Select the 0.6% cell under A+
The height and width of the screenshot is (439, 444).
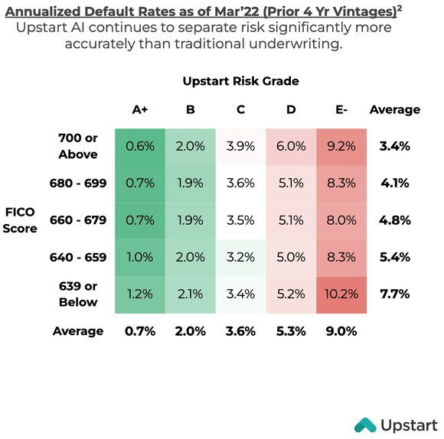pyautogui.click(x=140, y=145)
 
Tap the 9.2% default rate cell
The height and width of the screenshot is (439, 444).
pyautogui.click(x=341, y=145)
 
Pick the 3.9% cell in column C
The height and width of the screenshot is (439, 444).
pyautogui.click(x=240, y=145)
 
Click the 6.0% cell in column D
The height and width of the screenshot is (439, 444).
pyautogui.click(x=291, y=145)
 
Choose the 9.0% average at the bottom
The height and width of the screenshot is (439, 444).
pyautogui.click(x=341, y=331)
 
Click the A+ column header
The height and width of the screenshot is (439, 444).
pyautogui.click(x=140, y=109)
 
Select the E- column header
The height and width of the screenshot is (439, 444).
pyautogui.click(x=341, y=109)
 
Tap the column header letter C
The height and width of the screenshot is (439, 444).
pyautogui.click(x=240, y=109)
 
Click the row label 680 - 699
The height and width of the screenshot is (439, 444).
pyautogui.click(x=78, y=183)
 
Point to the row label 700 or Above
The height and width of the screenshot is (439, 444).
pyautogui.click(x=78, y=145)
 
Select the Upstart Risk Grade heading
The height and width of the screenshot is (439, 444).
pyautogui.click(x=240, y=80)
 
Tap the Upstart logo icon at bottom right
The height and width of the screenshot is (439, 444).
pyautogui.click(x=364, y=424)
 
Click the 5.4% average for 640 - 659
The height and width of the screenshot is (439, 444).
pyautogui.click(x=395, y=256)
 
